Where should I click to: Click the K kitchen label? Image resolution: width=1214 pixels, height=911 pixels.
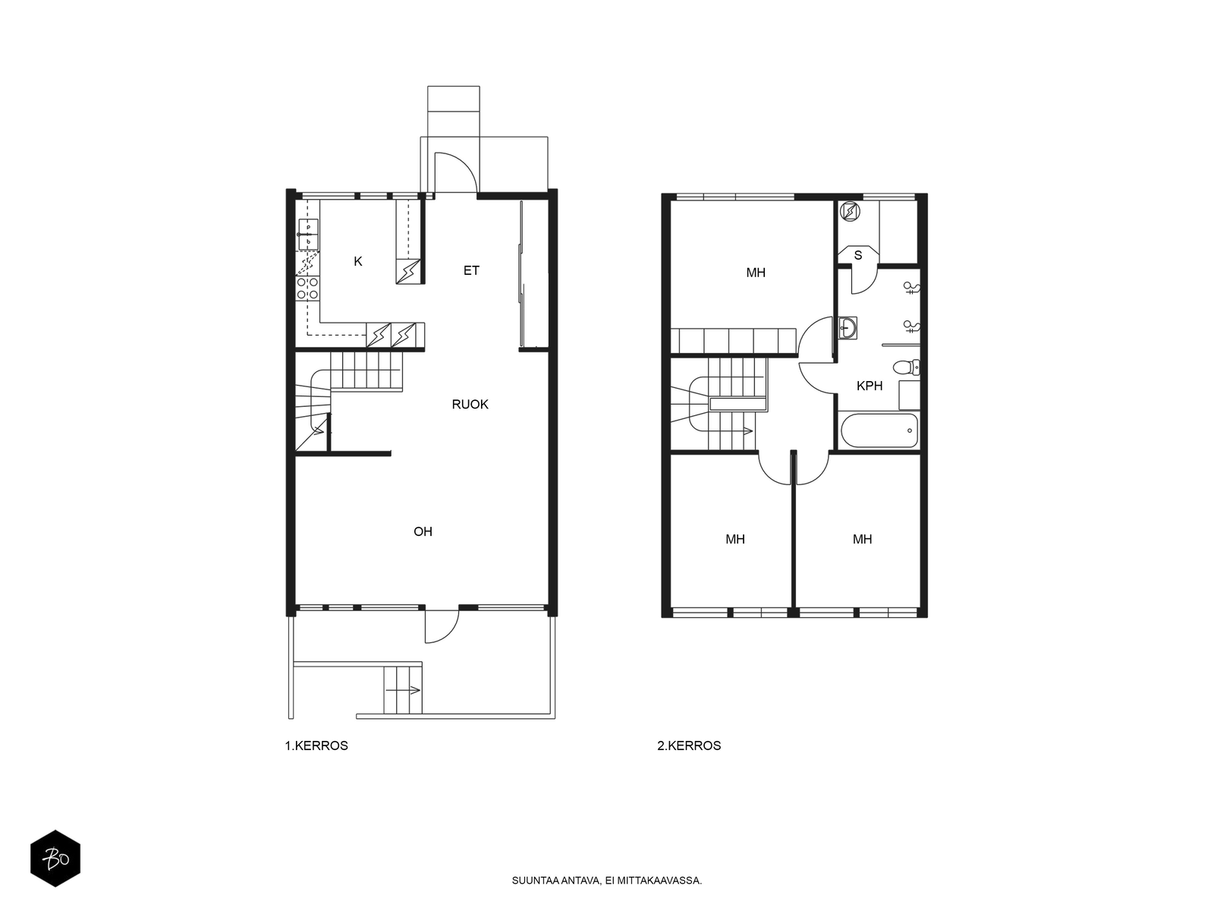[358, 262]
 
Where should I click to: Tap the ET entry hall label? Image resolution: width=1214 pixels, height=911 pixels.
[471, 270]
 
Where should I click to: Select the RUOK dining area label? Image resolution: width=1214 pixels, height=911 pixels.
[470, 405]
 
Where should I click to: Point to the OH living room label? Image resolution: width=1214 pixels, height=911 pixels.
[423, 531]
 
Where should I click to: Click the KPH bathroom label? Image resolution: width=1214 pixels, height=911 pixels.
[870, 386]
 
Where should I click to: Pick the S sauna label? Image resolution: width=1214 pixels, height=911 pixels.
[858, 256]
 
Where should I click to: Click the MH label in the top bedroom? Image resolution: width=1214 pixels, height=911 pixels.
[756, 273]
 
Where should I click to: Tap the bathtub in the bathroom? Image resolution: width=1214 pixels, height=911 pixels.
[879, 430]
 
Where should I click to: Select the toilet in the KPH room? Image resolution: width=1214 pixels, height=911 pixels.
[906, 367]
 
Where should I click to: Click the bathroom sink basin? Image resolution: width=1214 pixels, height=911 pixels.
[848, 328]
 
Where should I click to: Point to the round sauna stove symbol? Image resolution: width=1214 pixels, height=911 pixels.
[850, 211]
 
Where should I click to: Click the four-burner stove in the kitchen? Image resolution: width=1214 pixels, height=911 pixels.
[308, 288]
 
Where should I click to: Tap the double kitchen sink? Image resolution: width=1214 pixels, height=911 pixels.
[308, 235]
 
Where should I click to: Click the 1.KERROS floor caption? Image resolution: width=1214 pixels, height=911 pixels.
[316, 746]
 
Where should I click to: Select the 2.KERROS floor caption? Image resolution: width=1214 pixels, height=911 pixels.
[689, 746]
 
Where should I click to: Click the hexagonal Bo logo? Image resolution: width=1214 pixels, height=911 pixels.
[55, 859]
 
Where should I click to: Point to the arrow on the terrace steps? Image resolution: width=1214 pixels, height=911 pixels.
[403, 690]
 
